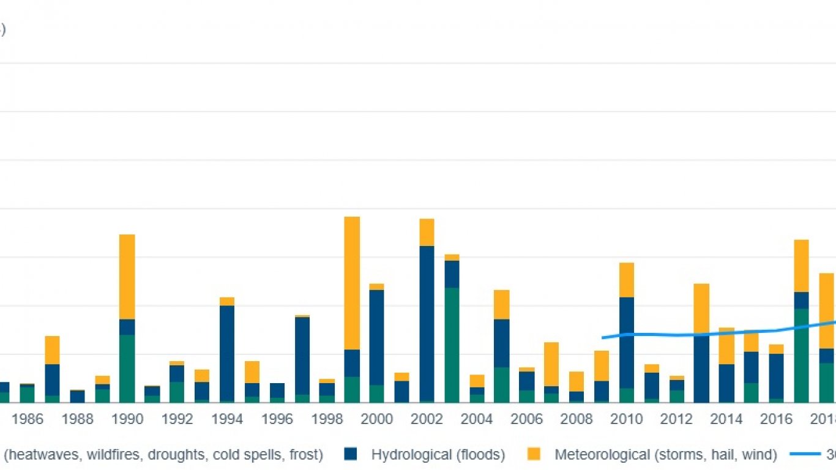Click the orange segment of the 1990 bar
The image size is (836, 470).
(127, 277)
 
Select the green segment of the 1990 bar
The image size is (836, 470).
(127, 368)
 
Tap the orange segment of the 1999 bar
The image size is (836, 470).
(352, 283)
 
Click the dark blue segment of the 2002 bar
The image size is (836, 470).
(427, 323)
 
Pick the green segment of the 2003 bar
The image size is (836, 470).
(452, 345)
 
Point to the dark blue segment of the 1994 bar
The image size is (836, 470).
(227, 353)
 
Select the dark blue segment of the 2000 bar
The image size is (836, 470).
(376, 337)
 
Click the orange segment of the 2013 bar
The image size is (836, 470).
(701, 309)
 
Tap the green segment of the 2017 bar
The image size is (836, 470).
(801, 355)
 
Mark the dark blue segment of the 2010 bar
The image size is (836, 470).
(627, 343)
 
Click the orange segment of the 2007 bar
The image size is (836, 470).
(551, 364)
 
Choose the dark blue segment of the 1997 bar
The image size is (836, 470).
(302, 356)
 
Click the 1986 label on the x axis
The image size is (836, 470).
(28, 419)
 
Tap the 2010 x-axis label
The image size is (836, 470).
(627, 419)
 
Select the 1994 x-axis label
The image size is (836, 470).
(227, 419)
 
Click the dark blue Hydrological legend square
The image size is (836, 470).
(350, 454)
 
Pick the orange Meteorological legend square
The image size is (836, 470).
(534, 454)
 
